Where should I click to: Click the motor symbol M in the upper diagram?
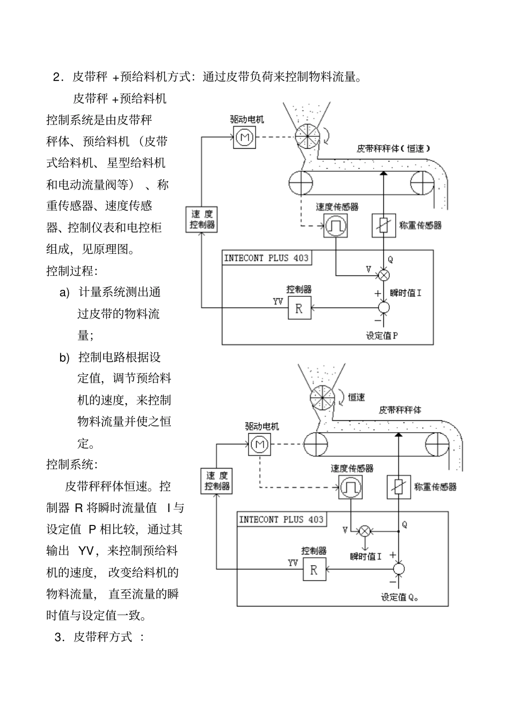[x=245, y=138]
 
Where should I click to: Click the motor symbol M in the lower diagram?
[x=260, y=444]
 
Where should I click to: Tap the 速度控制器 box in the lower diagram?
[x=217, y=481]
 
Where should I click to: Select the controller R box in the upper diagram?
[x=299, y=308]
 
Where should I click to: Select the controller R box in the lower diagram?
[x=314, y=569]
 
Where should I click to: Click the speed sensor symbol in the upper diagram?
[x=336, y=225]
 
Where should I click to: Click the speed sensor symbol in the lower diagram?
[x=350, y=487]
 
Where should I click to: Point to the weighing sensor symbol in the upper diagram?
[x=384, y=225]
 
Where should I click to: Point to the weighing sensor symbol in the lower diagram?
[x=399, y=487]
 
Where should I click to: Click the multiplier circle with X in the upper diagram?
[x=384, y=275]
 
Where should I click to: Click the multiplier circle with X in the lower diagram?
[x=365, y=531]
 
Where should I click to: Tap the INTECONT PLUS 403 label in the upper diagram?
[x=266, y=258]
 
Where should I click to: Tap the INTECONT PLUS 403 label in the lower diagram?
[x=281, y=520]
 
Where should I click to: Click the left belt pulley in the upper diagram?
[x=301, y=183]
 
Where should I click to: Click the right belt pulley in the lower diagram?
[x=437, y=444]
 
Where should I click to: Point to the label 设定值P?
[x=382, y=335]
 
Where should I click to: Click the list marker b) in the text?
[x=64, y=357]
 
